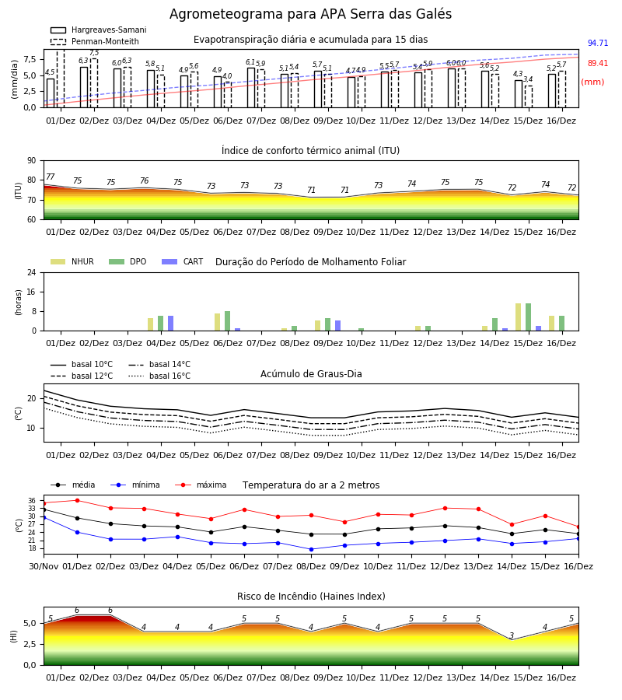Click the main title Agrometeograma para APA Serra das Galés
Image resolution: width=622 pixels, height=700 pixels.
point(310,14)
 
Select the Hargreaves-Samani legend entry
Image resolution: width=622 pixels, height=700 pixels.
point(99,30)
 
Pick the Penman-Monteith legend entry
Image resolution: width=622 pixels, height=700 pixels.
point(95,41)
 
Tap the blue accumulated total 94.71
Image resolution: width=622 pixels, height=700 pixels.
point(598,43)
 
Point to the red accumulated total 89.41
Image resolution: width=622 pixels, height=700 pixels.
point(598,63)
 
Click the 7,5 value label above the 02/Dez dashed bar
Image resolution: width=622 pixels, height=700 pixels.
point(94,53)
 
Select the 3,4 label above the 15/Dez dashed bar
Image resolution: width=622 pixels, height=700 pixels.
point(528,79)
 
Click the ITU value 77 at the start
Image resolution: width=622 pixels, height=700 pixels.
point(50,177)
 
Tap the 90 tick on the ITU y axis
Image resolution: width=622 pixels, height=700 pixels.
point(32,161)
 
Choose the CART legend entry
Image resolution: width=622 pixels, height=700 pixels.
point(183,261)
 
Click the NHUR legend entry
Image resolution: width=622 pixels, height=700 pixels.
point(72,261)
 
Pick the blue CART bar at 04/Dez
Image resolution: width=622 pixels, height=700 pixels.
point(170,324)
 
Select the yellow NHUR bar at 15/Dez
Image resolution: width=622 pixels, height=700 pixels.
point(518,317)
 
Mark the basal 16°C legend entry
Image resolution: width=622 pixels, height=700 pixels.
point(159,376)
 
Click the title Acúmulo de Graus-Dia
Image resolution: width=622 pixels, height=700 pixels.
point(311,374)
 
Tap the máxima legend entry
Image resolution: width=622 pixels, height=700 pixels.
point(201,485)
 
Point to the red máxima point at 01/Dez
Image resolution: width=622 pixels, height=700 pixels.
point(77,500)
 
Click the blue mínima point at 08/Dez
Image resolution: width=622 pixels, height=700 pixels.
point(312,550)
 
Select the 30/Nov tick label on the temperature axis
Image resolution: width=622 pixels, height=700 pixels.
point(44,566)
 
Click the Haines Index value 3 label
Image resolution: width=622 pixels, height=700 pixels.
point(512,635)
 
